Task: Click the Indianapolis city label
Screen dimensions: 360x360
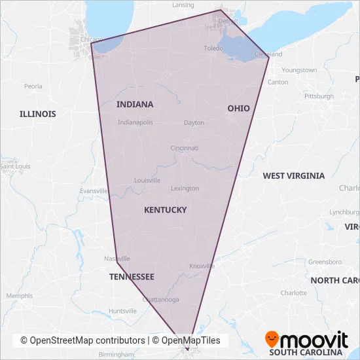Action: [x=135, y=122]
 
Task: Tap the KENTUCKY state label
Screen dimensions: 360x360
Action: [x=165, y=210]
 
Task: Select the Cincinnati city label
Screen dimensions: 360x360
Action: [x=185, y=148]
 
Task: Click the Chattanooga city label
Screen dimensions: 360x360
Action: [x=161, y=300]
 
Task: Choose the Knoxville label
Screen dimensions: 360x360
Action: [x=202, y=266]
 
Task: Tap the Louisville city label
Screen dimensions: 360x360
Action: [x=147, y=180]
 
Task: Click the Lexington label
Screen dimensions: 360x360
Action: [x=185, y=189]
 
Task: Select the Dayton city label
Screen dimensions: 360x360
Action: [x=194, y=122]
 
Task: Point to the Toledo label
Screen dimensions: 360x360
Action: [x=213, y=48]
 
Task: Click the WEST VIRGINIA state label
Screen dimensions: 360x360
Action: [x=293, y=175]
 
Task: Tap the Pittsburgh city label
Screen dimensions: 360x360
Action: [x=319, y=96]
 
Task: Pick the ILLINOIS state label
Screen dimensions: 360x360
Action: [x=37, y=114]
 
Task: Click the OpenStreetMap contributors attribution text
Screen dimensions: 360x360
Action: [x=82, y=340]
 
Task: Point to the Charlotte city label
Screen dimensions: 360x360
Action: [x=294, y=293]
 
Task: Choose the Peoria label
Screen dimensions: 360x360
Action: [x=33, y=86]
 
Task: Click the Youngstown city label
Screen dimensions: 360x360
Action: [x=299, y=70]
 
